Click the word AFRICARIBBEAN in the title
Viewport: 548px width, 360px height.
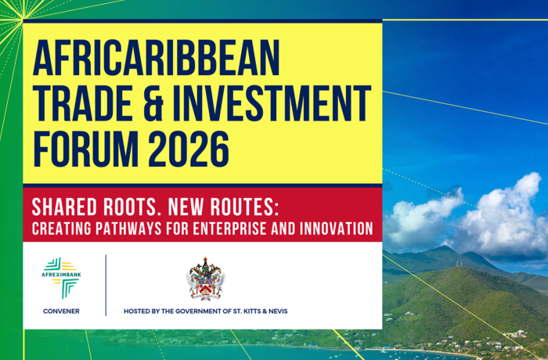156,58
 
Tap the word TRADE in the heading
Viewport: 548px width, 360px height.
82,103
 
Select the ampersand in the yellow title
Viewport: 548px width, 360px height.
153,103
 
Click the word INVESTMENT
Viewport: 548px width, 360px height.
272,103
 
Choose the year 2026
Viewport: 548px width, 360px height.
189,149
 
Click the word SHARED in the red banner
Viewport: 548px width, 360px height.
64,207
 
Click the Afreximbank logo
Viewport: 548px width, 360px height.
61,278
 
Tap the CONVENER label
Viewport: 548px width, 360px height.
61,311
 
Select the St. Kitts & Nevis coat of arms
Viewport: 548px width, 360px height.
205,279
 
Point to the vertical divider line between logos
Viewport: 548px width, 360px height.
106,285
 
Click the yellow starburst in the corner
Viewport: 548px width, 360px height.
22,17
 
